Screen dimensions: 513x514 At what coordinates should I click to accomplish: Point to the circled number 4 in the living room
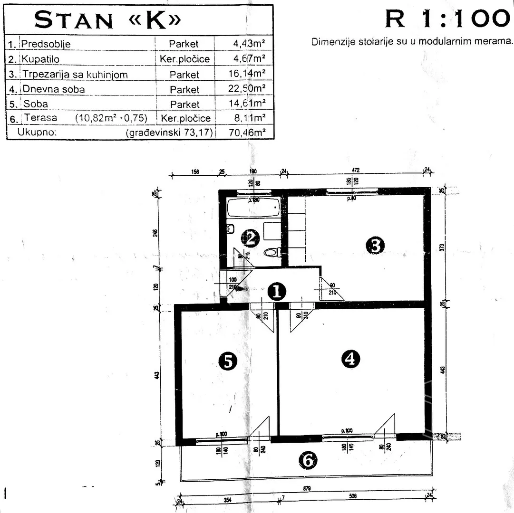351,359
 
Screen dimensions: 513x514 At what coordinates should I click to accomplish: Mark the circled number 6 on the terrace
307,459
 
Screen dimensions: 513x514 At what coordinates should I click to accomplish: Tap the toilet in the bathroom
272,252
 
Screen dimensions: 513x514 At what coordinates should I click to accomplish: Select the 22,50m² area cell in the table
246,89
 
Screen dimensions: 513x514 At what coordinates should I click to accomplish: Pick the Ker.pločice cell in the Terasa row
185,118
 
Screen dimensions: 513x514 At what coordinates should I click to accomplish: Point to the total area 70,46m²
246,133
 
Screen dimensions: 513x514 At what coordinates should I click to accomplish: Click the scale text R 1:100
446,19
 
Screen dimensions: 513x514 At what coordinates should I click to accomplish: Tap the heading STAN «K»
108,20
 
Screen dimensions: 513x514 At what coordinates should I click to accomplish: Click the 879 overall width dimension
307,488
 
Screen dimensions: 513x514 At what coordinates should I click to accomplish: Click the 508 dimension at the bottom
352,496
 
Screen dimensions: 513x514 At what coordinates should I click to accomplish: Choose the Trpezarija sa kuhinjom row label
75,75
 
